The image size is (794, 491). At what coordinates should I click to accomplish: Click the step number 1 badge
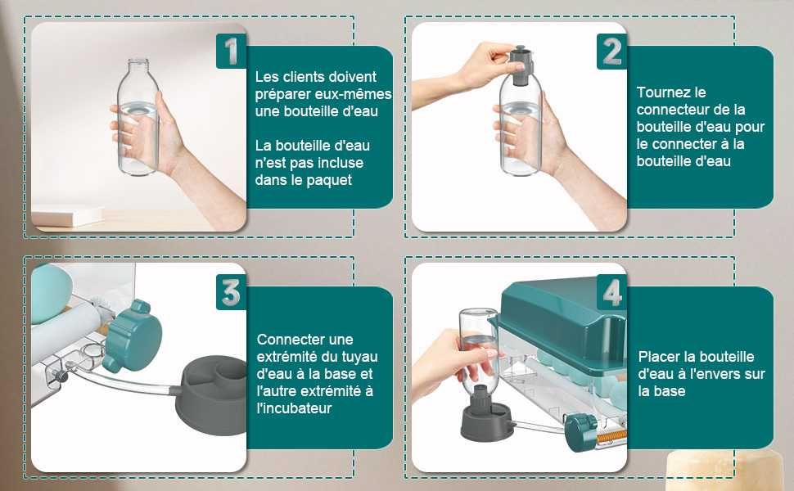231,51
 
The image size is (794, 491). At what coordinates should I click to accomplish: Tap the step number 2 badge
611,51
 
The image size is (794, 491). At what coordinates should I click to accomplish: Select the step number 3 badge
231,292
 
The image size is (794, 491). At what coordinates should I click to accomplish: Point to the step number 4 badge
611,292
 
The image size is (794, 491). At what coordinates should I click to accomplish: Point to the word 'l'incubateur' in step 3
294,408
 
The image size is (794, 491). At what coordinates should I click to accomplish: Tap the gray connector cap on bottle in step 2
520,65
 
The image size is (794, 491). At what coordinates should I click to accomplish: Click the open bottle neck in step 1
138,65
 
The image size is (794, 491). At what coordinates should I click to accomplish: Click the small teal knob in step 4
581,432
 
